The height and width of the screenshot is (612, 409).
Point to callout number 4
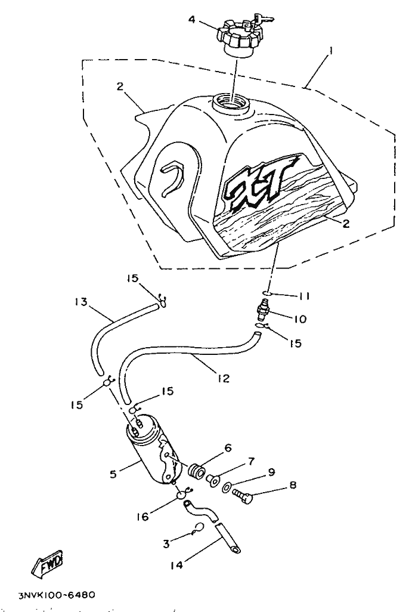(192, 20)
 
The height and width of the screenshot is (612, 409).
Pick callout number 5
(112, 475)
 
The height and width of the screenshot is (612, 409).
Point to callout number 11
(304, 295)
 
